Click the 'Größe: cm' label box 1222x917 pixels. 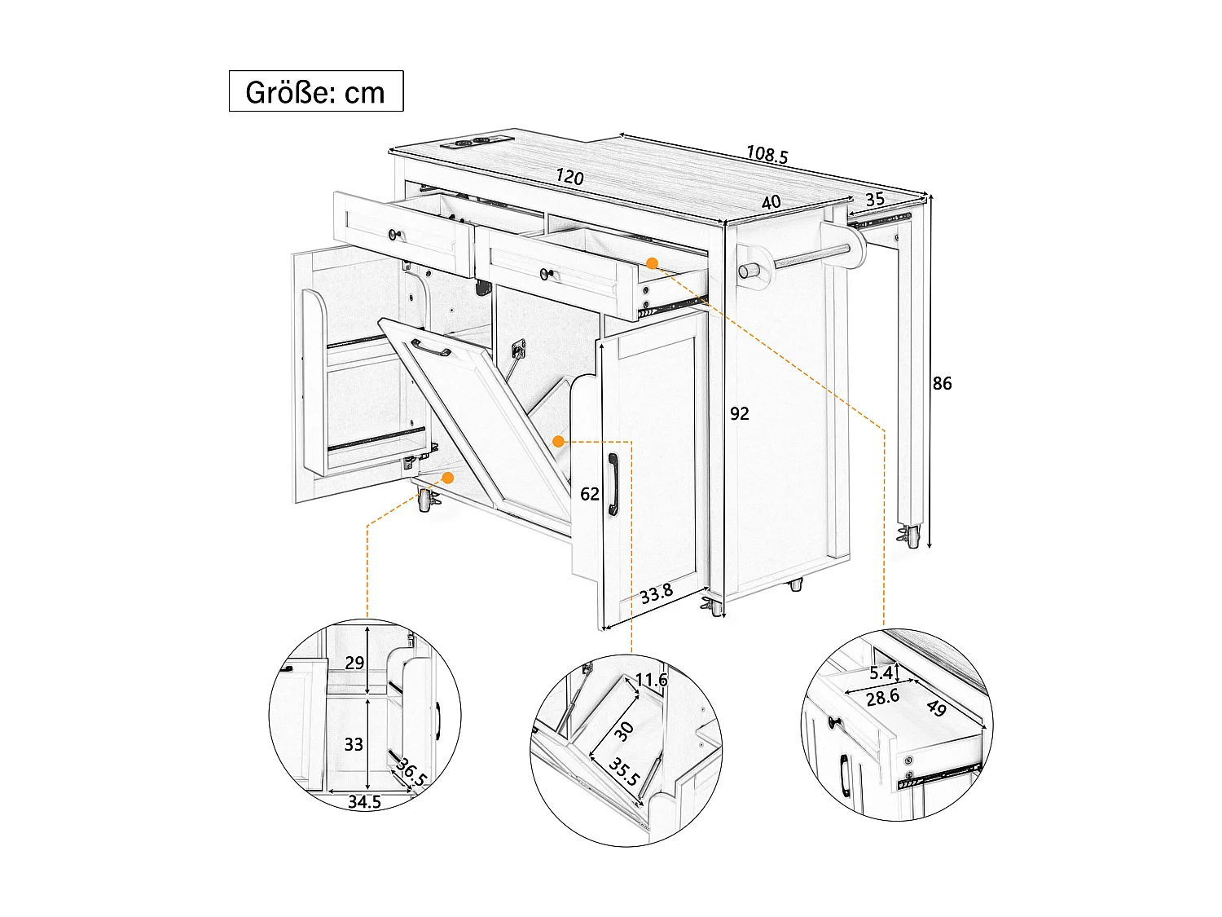316,91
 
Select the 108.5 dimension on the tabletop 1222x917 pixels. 767,154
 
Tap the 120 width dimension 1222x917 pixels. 569,176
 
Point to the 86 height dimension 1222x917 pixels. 942,383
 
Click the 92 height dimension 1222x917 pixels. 739,413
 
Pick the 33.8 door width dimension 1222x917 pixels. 656,593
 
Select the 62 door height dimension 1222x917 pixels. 590,493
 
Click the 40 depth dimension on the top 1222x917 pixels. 771,202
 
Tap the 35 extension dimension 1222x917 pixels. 875,200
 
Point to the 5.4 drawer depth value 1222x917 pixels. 881,673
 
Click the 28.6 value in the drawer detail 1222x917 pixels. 882,697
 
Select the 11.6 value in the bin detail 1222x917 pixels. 651,680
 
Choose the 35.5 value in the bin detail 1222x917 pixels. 624,773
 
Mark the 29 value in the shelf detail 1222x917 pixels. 354,663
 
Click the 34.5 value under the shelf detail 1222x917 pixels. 364,802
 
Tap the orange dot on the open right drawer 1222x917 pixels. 652,262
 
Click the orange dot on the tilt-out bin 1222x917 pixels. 559,441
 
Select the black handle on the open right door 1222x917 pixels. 613,484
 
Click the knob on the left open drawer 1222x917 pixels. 396,235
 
